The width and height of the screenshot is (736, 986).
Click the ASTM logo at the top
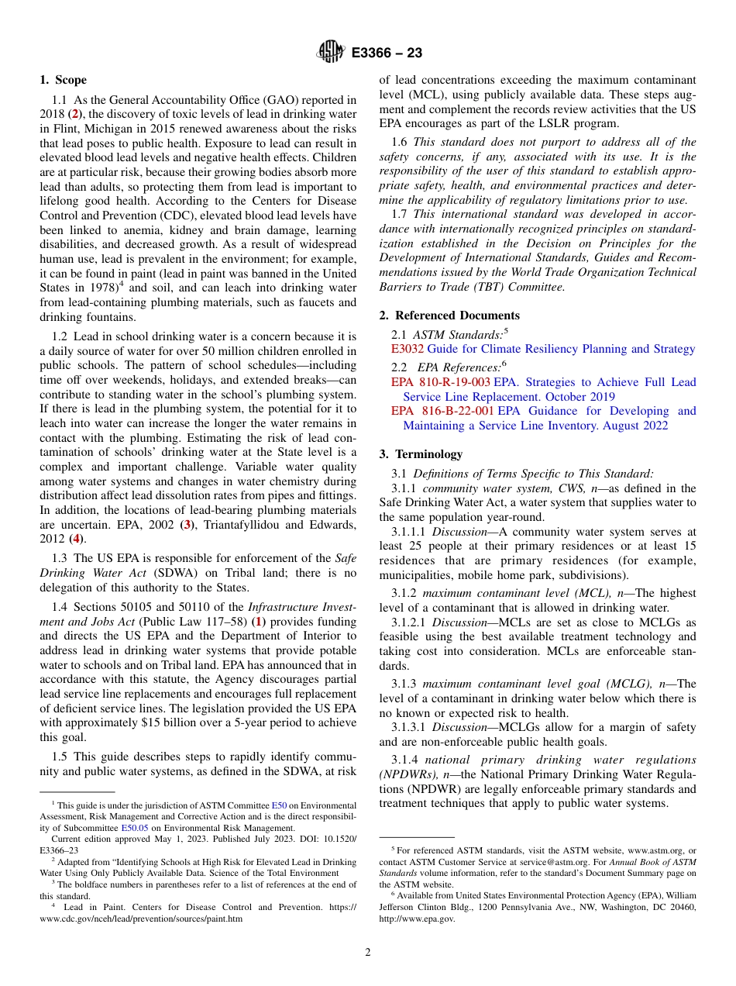click(x=331, y=53)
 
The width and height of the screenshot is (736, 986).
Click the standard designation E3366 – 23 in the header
click(x=387, y=53)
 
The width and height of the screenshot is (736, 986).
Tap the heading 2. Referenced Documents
click(x=449, y=315)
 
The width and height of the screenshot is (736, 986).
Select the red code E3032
click(x=408, y=349)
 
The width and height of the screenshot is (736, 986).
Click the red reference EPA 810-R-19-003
click(x=440, y=382)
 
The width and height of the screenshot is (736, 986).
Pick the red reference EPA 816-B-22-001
click(x=442, y=411)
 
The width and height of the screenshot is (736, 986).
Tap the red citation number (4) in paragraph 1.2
click(x=77, y=539)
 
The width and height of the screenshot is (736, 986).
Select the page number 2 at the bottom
click(x=368, y=953)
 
